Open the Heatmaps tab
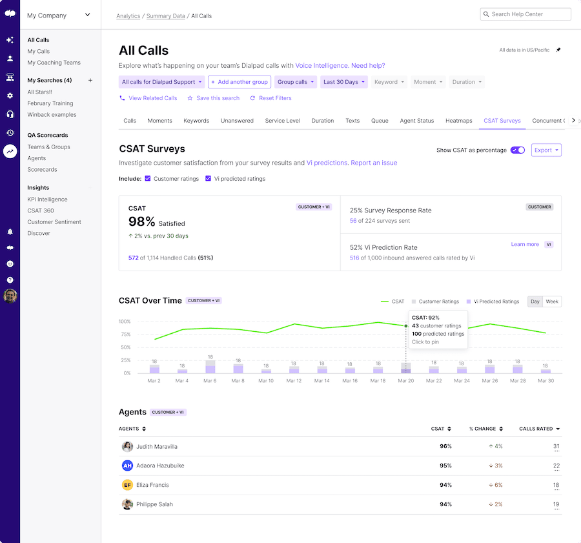[x=458, y=121]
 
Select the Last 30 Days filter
[x=343, y=82]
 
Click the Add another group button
[x=239, y=82]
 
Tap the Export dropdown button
[x=546, y=150]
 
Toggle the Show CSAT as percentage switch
[x=517, y=150]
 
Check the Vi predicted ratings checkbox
[x=209, y=179]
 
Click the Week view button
[x=552, y=302]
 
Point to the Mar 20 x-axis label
[x=405, y=381]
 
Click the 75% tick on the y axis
[x=125, y=334]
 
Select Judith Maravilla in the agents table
[x=156, y=447]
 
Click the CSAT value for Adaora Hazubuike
[x=445, y=466]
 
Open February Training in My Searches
[x=50, y=103]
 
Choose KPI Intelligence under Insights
[x=47, y=200]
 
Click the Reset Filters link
[x=275, y=98]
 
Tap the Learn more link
[x=525, y=245]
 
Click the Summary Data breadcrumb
[x=165, y=16]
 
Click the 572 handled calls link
[x=134, y=258]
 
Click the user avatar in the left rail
[x=10, y=296]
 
